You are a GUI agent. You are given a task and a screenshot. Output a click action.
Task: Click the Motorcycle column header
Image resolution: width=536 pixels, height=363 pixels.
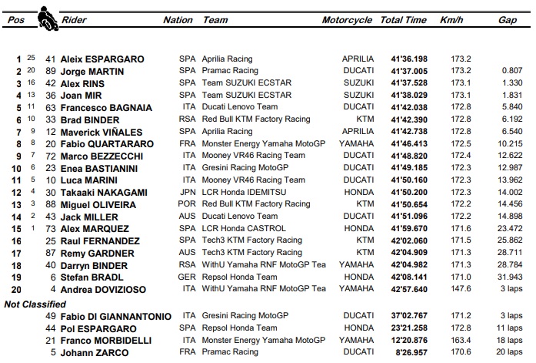(347, 21)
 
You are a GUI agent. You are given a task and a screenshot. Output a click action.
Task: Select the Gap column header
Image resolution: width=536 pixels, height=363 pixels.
(507, 21)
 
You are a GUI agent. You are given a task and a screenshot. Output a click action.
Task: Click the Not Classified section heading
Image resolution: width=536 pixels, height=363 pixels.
(36, 304)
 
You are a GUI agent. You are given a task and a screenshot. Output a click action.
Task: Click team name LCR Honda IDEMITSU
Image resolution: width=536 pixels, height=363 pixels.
(245, 192)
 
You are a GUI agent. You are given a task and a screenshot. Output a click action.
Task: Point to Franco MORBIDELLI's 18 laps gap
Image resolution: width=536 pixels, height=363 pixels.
(510, 341)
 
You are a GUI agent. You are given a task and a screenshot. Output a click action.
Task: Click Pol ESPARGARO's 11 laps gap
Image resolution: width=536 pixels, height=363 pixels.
(510, 328)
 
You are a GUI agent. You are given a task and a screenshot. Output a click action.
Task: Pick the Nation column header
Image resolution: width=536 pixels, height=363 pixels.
(178, 21)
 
